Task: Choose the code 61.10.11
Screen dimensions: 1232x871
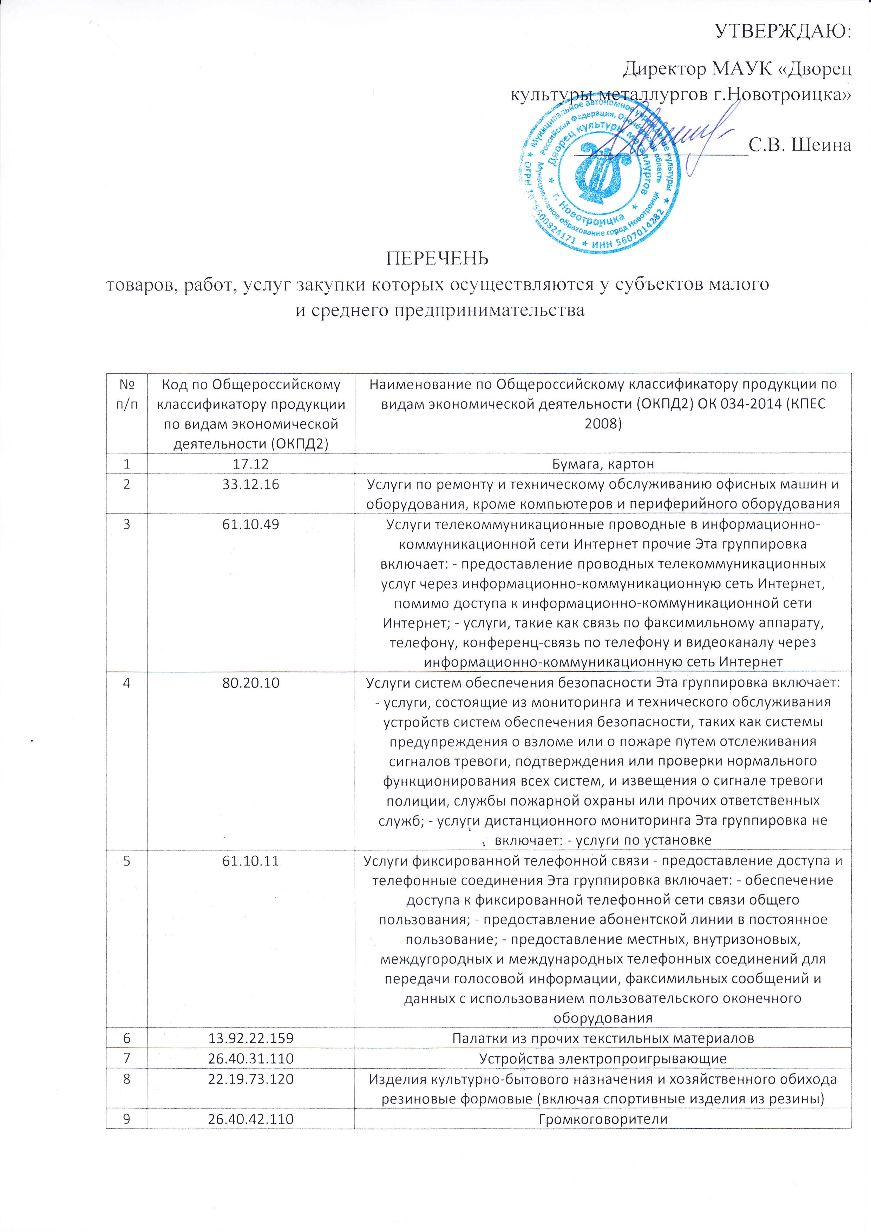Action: (250, 861)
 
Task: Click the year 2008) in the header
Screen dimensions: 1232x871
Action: (603, 424)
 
